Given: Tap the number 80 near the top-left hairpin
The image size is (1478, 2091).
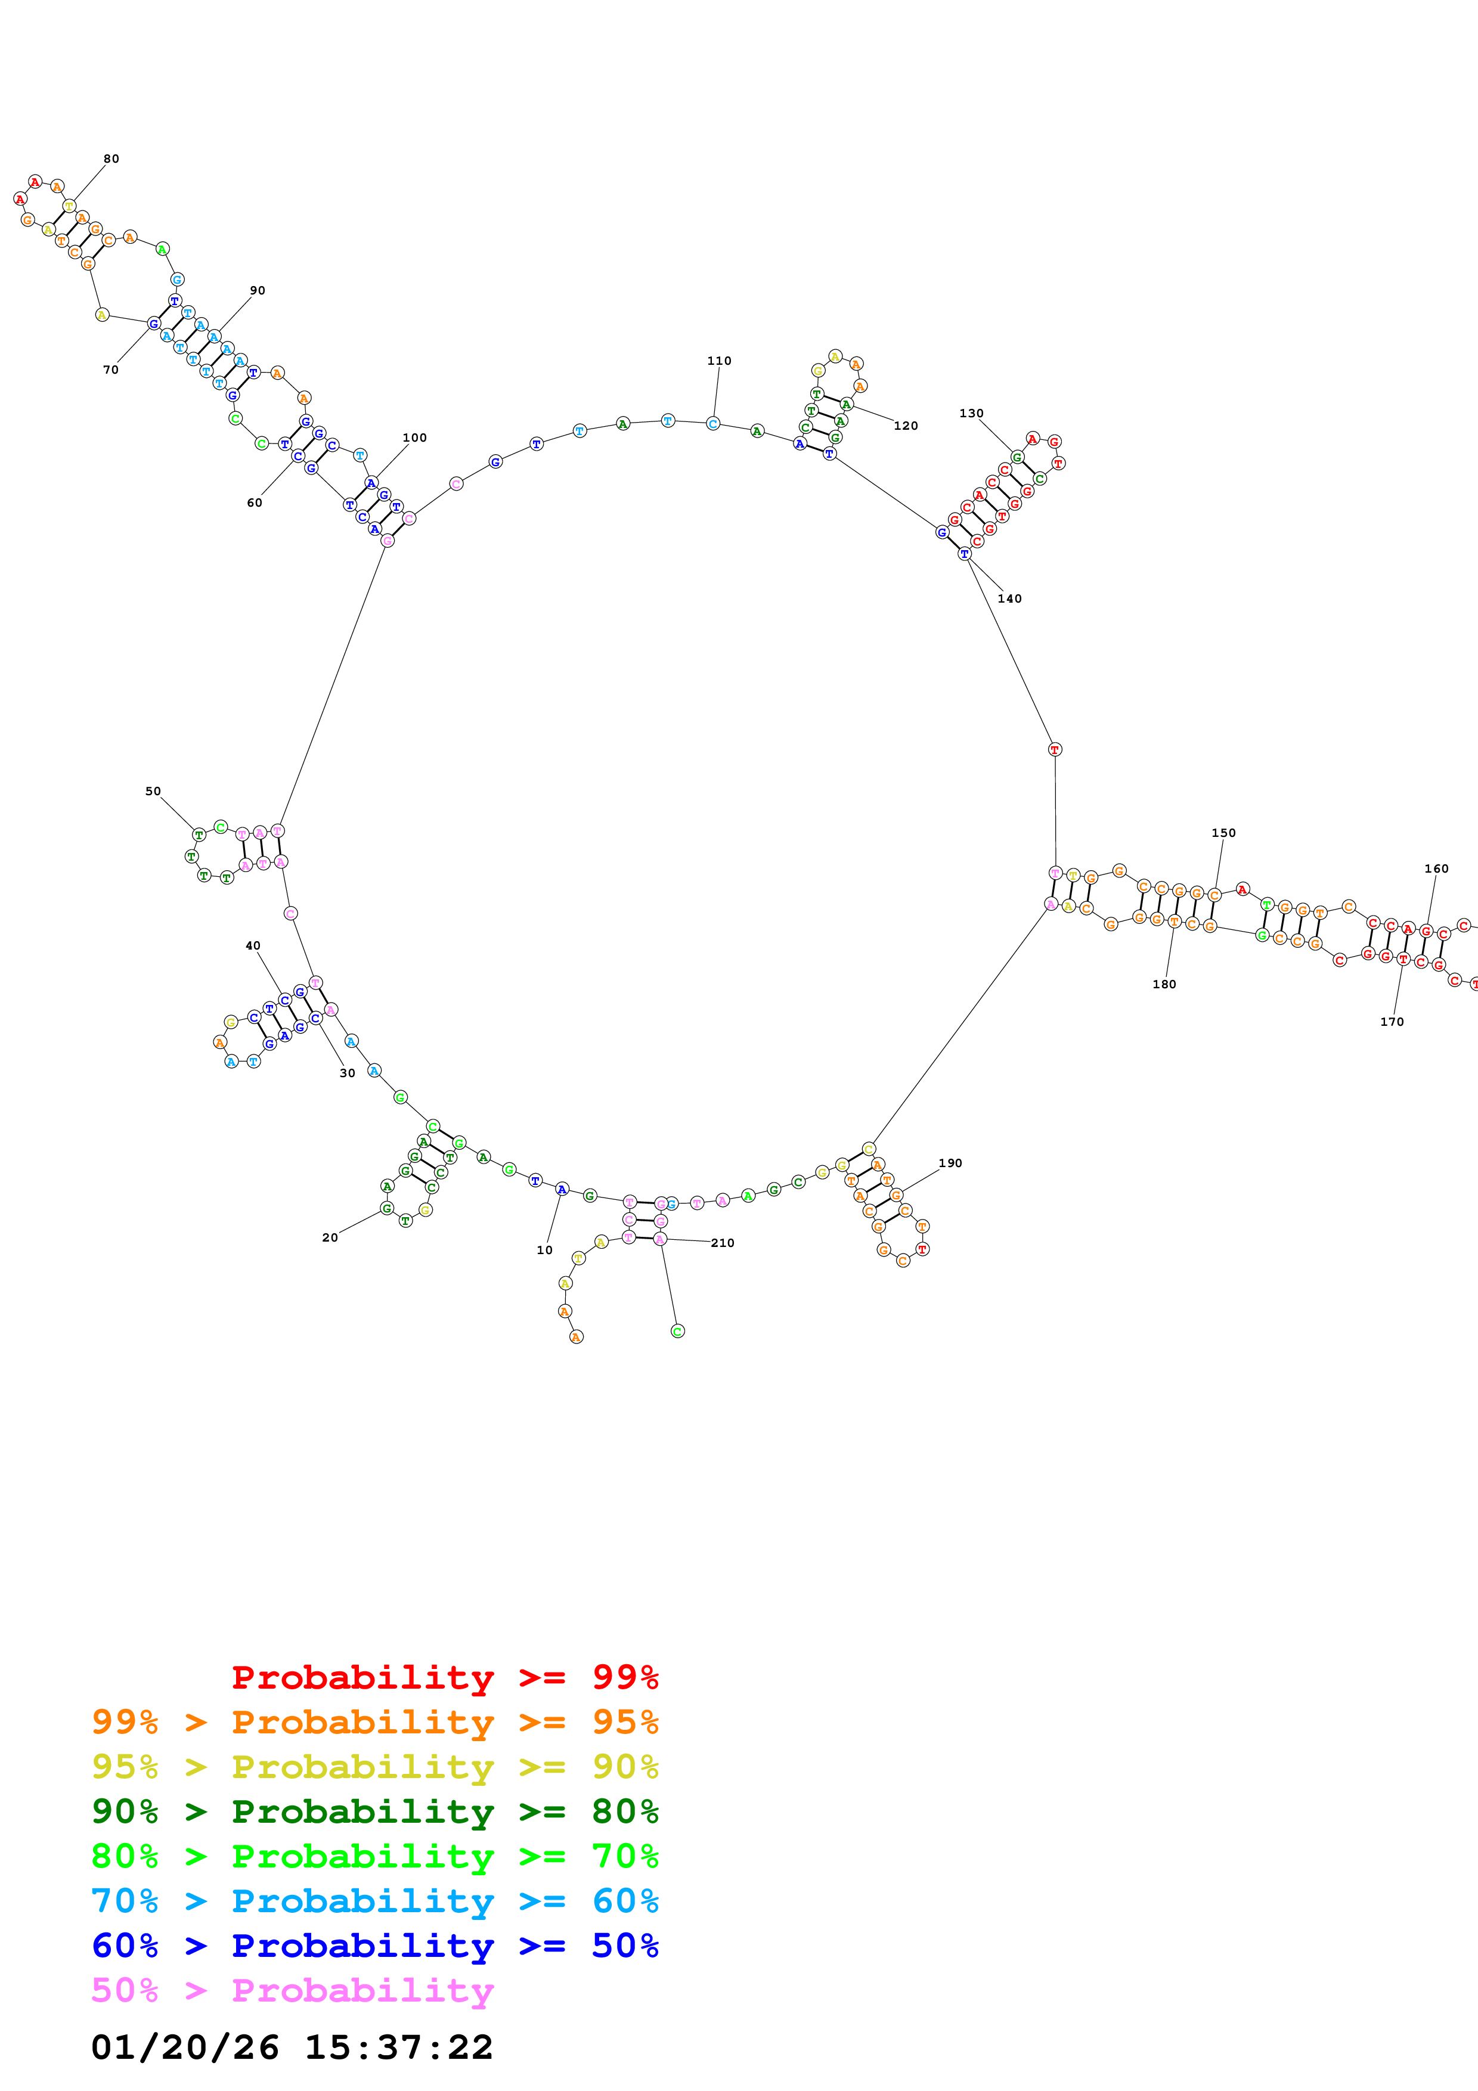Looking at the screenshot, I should click(111, 159).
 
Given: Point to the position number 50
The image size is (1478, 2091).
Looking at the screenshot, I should click(153, 792).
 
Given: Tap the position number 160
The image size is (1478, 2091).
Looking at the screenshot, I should click(1436, 869).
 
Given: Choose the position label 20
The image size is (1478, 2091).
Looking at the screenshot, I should click(330, 1237).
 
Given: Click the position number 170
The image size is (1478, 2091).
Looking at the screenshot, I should click(1392, 1022).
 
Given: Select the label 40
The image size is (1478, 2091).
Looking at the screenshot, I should click(253, 946).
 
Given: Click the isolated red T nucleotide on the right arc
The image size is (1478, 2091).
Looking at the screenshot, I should click(1055, 749).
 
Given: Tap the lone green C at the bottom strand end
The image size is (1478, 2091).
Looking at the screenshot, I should click(677, 1332).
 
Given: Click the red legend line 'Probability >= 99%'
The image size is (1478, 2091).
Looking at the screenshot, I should click(444, 1677).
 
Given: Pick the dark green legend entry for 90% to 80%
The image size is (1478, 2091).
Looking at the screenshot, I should click(374, 1811).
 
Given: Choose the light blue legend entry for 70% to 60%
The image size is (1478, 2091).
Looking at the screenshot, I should click(374, 1901).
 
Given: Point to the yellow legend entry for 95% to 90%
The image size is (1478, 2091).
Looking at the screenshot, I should click(374, 1767).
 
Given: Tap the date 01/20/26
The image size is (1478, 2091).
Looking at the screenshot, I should click(185, 2047).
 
